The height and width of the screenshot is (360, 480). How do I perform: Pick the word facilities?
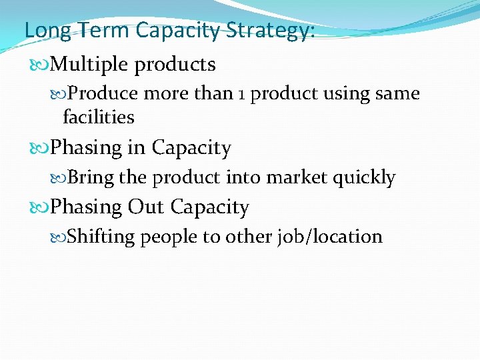[x=98, y=117]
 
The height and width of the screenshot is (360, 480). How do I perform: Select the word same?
[x=398, y=94]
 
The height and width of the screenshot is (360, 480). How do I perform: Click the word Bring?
[x=91, y=177]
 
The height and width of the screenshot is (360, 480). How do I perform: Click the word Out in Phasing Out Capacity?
[x=146, y=207]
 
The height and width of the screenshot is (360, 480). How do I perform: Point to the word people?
[x=165, y=237]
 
